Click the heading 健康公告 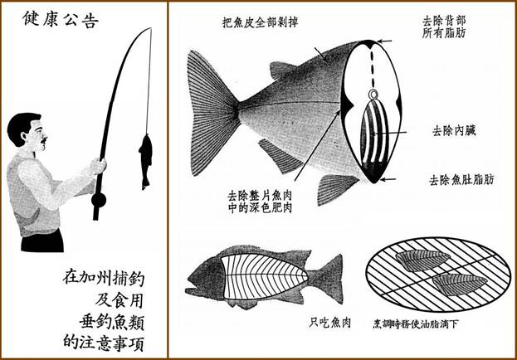61,19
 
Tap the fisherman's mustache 43,140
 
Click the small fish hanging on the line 145,162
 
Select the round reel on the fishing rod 99,200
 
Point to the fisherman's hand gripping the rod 98,166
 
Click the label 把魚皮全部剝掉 261,22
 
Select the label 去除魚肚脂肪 461,180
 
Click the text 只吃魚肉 329,323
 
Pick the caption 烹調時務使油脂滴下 415,324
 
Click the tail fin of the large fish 212,113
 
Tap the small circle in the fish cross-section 373,95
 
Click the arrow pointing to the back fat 384,41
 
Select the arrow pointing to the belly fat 388,179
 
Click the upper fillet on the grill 422,260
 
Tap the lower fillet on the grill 460,285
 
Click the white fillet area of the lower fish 263,276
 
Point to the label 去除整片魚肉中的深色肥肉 260,202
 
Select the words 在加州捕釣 104,278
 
